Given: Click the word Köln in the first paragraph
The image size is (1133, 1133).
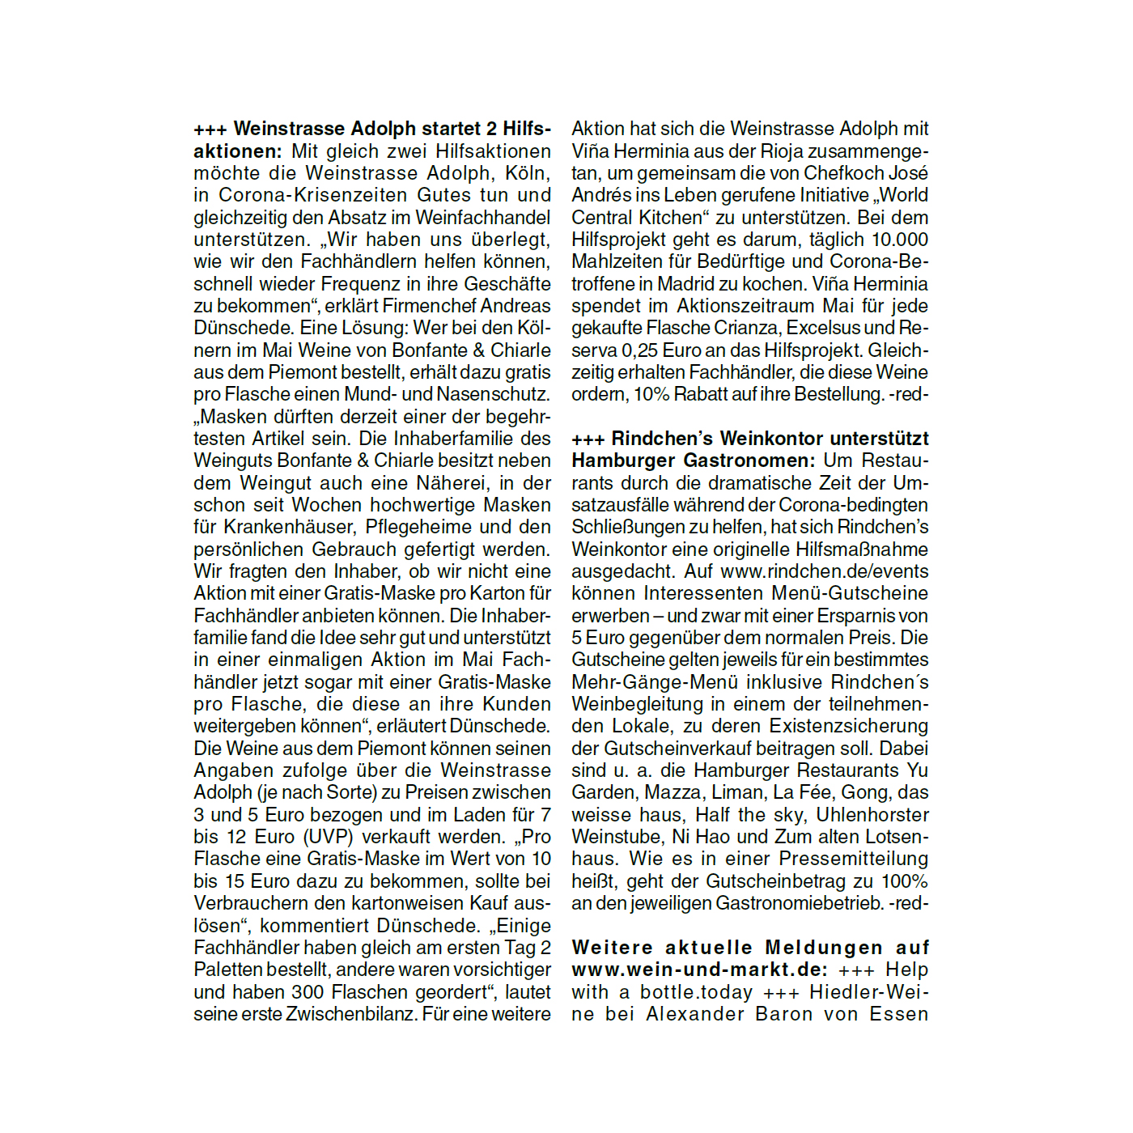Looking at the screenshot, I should click(527, 173).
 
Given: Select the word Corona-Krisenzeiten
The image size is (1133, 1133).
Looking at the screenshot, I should click(313, 195).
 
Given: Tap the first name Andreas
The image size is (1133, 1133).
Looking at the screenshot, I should click(515, 306).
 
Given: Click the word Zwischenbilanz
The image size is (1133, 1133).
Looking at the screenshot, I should click(350, 1014).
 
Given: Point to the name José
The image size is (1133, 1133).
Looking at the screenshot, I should click(908, 173).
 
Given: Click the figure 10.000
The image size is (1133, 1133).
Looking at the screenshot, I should click(899, 240).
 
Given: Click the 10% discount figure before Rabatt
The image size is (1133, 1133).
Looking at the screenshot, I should click(651, 395).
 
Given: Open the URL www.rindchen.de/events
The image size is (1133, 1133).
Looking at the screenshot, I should click(824, 571).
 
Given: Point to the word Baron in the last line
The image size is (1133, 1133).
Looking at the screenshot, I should click(783, 1014).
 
